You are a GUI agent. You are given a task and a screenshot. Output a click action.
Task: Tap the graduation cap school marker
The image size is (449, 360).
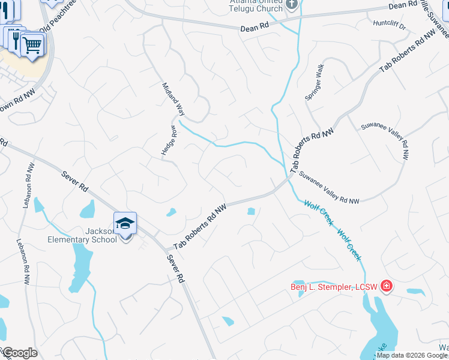(125, 223)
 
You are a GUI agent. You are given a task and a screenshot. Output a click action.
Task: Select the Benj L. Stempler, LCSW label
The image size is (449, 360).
(334, 286)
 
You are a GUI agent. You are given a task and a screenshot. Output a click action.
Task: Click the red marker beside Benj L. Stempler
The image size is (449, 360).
(386, 286)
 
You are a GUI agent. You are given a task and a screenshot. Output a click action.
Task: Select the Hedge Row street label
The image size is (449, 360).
(168, 141)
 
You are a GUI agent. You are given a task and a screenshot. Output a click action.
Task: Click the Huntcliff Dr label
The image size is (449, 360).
(390, 26)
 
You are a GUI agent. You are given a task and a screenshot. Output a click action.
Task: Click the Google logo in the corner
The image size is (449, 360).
(19, 353)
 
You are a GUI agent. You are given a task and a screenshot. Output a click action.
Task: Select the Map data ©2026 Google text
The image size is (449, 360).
(412, 355)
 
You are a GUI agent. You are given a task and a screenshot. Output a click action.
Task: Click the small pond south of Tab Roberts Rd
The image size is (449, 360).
(250, 211)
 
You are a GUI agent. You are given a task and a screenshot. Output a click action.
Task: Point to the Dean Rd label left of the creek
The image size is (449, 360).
(254, 28)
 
